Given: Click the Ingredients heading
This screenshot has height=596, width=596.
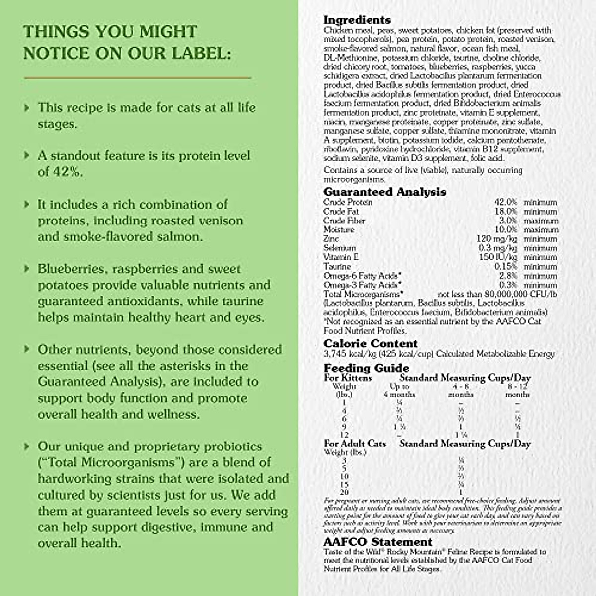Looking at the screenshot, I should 357,20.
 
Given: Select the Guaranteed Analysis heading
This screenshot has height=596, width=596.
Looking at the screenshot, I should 384,192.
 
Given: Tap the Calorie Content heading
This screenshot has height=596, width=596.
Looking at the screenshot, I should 371,344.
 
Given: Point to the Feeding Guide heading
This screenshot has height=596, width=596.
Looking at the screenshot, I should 367,368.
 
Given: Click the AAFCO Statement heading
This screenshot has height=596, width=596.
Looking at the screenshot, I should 378,542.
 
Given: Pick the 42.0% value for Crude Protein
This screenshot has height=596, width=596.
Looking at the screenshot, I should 506,202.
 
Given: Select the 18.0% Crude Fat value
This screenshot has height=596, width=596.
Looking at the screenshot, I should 506,212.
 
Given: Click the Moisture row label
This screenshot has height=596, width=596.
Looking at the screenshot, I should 339,230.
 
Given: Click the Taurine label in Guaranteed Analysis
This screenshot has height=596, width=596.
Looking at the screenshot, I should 337,267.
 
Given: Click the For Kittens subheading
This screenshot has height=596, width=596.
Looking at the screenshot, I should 348,378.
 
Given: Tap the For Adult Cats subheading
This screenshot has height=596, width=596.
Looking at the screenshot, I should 355,444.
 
